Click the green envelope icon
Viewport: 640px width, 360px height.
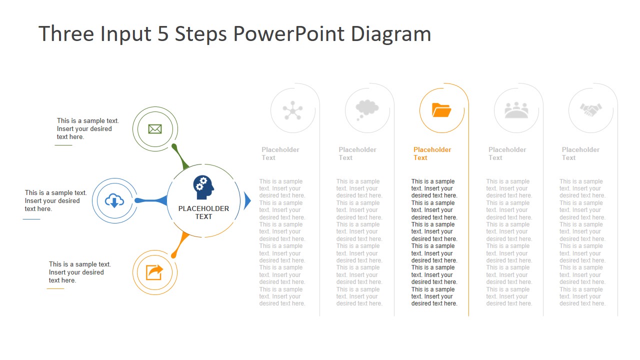coord(155,129)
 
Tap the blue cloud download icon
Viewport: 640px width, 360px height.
coord(114,200)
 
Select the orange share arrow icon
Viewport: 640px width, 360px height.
coord(154,272)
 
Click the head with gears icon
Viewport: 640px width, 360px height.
coord(203,187)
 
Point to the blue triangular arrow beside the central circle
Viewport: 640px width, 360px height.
coord(247,200)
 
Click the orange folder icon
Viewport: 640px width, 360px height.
coord(441,110)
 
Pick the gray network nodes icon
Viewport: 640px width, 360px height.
coord(292,110)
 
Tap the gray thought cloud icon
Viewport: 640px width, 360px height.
coord(366,109)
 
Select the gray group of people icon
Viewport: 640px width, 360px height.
coord(516,110)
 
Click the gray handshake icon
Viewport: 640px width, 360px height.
coord(590,110)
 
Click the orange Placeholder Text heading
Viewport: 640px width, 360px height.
coord(432,153)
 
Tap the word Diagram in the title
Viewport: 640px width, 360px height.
coord(390,34)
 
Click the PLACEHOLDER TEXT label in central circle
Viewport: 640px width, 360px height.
coord(203,212)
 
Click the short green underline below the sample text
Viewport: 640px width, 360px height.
coord(63,145)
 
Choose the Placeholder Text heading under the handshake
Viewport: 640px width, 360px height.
coord(580,153)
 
